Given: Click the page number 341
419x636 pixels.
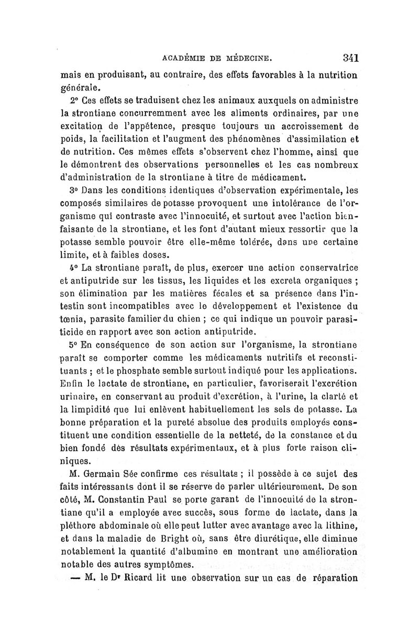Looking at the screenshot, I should (347, 57).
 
